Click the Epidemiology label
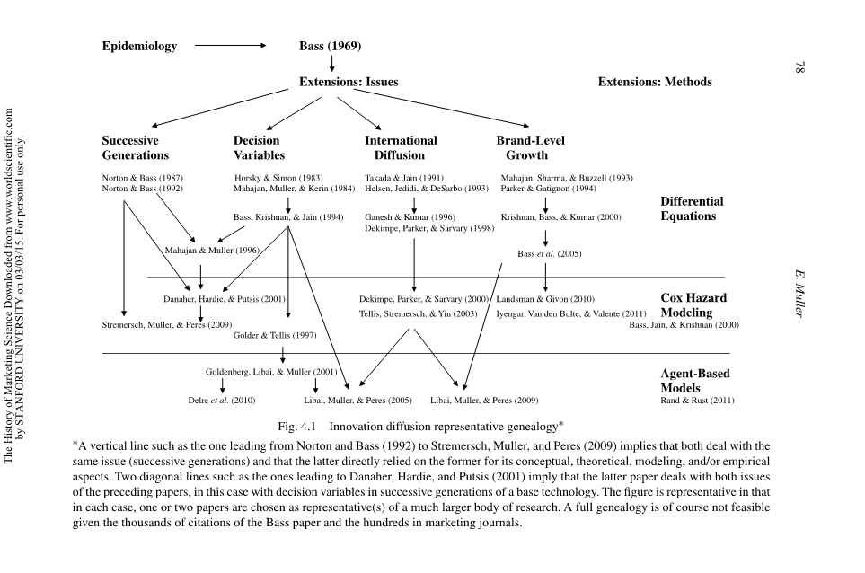139,47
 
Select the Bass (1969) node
330,47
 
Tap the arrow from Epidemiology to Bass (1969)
230,46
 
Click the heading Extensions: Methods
654,82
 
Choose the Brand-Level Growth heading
530,148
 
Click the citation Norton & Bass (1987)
142,178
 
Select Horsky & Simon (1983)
278,178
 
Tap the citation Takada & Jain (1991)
403,178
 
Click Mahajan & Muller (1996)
212,251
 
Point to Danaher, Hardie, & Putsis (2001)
225,298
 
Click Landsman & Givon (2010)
544,298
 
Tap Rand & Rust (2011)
697,401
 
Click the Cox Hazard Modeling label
693,305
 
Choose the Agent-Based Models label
694,381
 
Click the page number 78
799,68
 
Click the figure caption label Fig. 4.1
301,425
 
